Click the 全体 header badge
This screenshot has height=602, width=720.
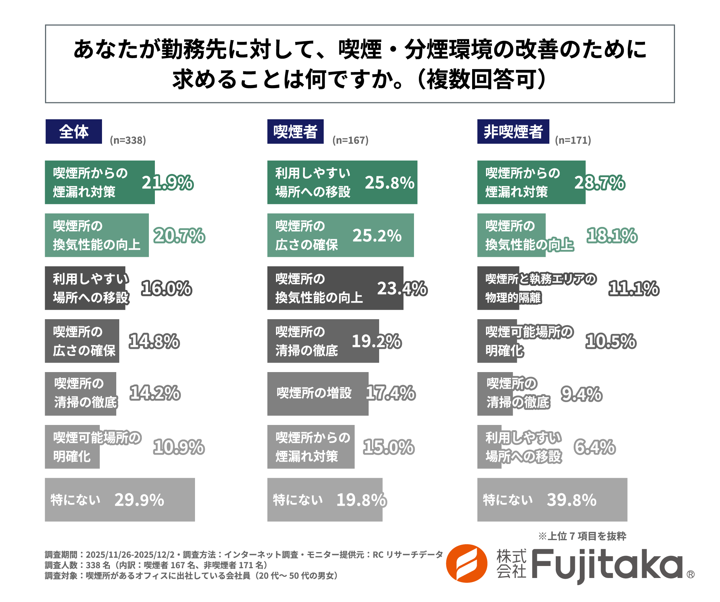tap(73, 132)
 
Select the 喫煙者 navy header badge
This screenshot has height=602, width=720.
tap(295, 132)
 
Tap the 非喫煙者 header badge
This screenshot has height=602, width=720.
tap(513, 132)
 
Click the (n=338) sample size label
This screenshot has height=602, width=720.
tap(128, 140)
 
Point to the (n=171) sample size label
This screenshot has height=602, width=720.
tap(573, 140)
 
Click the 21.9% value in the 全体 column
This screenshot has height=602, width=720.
tap(167, 183)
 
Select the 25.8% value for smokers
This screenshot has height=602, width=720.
tap(389, 183)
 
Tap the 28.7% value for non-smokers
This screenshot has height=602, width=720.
tap(600, 183)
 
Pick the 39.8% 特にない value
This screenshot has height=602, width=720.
tap(571, 500)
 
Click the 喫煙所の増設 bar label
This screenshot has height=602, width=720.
tap(314, 393)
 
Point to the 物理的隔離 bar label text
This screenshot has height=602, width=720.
tap(513, 298)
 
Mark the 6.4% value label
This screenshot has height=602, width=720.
tap(594, 447)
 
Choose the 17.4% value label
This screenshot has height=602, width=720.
tap(390, 393)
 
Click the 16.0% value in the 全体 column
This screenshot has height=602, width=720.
tap(166, 288)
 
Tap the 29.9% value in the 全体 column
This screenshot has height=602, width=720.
tap(139, 500)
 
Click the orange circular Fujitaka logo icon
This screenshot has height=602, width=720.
tap(466, 563)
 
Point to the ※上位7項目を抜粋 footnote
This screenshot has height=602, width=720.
tap(582, 536)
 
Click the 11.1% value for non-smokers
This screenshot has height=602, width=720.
tap(633, 288)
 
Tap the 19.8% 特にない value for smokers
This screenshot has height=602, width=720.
tap(361, 500)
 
